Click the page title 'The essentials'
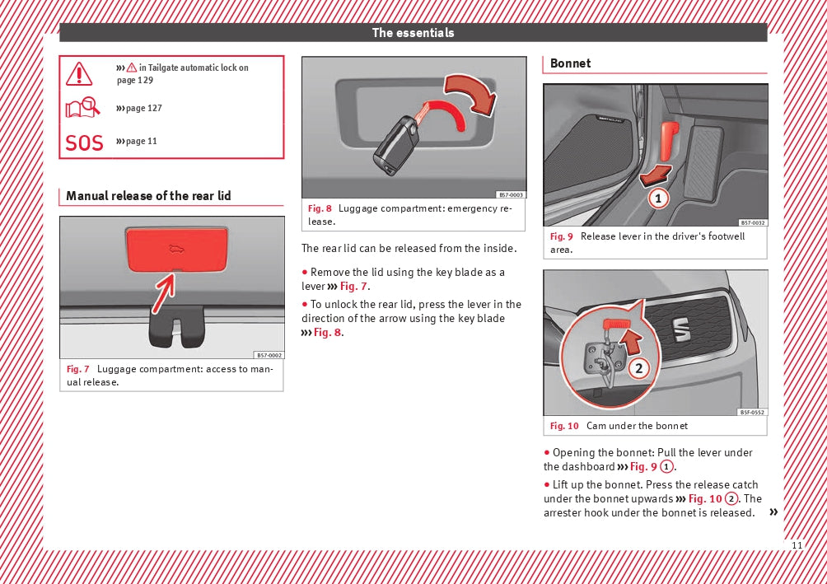pos(413,33)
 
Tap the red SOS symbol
pos(84,142)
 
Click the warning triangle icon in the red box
pos(80,74)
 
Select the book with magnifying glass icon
pos(83,108)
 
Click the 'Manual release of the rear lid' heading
pos(148,196)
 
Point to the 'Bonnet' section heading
pos(570,63)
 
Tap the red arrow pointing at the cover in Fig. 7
pos(164,290)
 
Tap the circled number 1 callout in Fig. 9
pos(657,199)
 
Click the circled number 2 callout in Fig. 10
pos(638,368)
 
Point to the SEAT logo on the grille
pos(682,329)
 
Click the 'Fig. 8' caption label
pos(320,208)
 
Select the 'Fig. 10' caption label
pos(564,426)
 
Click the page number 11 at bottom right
pos(796,545)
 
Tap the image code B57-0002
pos(269,355)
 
